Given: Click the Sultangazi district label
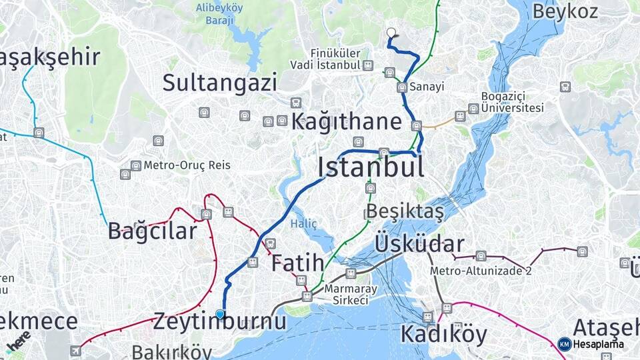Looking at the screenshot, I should click(x=220, y=83).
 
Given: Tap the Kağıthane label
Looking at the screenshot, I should click(x=347, y=122).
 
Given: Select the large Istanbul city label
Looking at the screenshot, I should click(x=371, y=167).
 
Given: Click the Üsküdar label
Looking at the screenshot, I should click(x=419, y=243).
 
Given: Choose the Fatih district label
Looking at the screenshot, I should click(x=297, y=263).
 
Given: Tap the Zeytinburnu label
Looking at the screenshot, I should click(x=220, y=321).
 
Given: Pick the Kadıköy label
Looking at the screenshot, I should click(x=443, y=333).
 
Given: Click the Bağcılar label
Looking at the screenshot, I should click(x=153, y=231).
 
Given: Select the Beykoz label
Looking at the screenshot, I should click(x=565, y=11).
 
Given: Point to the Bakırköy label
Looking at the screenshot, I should click(x=171, y=351).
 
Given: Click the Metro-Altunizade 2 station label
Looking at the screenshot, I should click(x=480, y=271).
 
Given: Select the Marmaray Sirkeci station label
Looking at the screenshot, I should click(x=346, y=295).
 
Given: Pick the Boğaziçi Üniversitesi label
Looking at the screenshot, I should click(x=512, y=102).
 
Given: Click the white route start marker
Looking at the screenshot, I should click(x=391, y=31).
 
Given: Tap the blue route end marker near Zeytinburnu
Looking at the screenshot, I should click(x=220, y=314).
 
